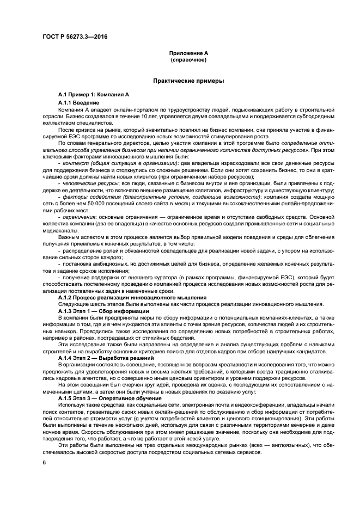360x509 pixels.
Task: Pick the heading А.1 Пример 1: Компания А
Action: click(x=94, y=95)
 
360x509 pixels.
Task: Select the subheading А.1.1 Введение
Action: click(x=78, y=102)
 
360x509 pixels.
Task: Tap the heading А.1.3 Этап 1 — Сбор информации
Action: click(x=103, y=310)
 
